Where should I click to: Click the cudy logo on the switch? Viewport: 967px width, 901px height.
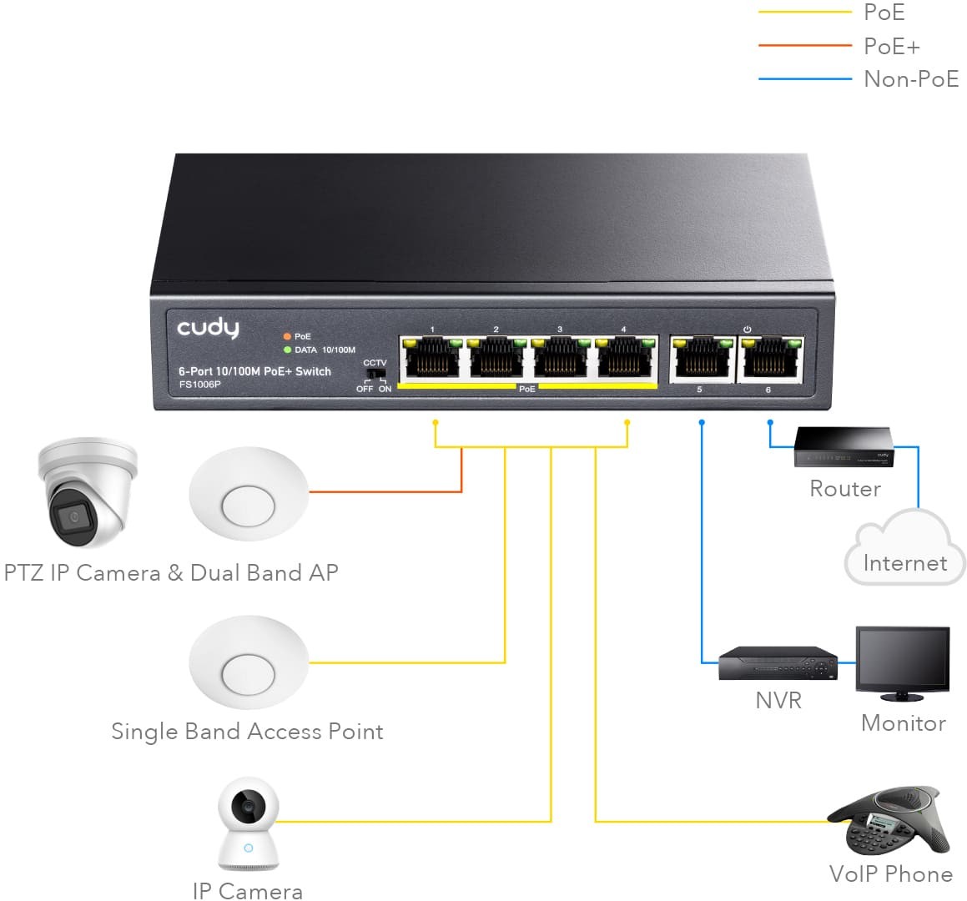tap(208, 328)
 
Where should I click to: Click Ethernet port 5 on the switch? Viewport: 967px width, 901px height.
tap(699, 360)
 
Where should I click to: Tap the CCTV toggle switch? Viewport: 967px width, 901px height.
tap(374, 375)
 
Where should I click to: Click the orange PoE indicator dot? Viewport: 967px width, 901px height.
tap(287, 336)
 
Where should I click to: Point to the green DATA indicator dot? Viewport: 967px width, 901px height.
tap(287, 350)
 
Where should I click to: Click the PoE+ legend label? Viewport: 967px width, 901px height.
tap(891, 46)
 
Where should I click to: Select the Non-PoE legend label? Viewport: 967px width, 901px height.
tap(910, 79)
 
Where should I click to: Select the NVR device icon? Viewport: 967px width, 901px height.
tap(777, 664)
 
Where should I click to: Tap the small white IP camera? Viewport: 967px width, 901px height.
tap(248, 826)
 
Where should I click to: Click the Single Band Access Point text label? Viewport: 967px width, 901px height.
tap(247, 732)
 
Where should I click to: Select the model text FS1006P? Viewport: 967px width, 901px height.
tap(199, 385)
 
